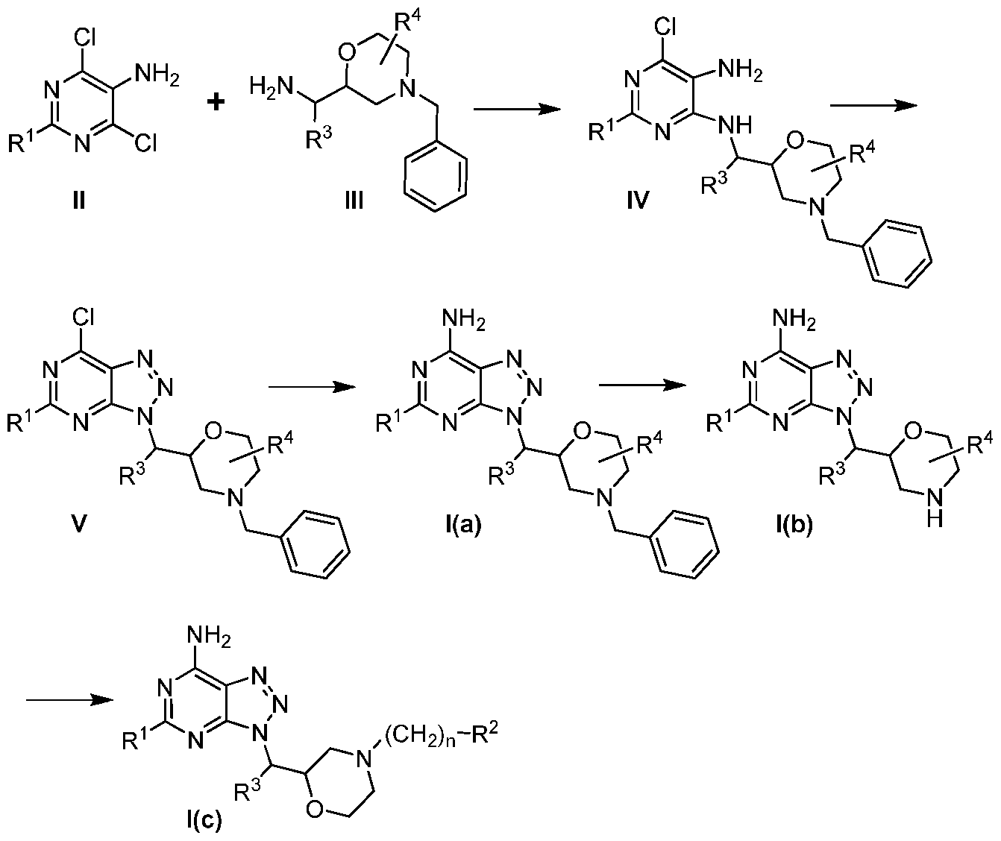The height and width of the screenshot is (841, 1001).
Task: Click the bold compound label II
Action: pos(79,200)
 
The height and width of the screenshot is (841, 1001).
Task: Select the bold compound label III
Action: pos(354,200)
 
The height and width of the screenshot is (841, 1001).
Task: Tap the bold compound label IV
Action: pos(638,200)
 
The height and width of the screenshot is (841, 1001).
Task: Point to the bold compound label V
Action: pos(79,524)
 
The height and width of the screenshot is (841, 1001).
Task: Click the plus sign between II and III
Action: pos(216,103)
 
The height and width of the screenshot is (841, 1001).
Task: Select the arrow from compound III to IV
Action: pos(517,110)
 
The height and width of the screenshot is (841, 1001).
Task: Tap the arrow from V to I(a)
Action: pos(312,387)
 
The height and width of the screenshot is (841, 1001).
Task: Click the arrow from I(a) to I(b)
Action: pos(642,385)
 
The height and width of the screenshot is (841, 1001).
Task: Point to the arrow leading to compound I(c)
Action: pos(69,700)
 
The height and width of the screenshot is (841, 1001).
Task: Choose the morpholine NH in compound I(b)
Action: pos(935,509)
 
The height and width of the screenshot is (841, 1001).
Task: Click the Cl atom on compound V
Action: pos(83,316)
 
